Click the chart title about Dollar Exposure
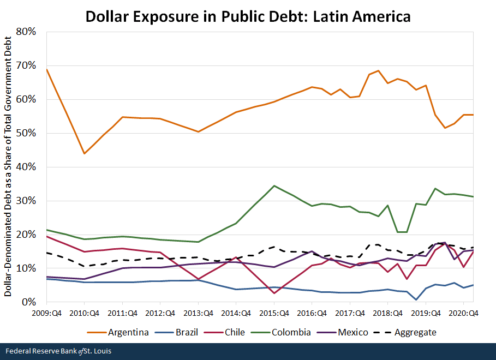[248, 16]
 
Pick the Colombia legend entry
[290, 332]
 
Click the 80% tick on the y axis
[26, 32]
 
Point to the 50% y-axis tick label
[26, 133]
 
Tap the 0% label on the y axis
[28, 302]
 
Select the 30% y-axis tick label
[26, 201]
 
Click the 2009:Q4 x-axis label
[46, 313]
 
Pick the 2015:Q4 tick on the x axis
[274, 313]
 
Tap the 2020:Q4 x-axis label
[463, 313]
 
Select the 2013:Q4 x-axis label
[198, 313]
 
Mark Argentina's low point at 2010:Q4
[84, 153]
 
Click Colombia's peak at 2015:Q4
[274, 186]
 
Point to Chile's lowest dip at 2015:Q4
[274, 293]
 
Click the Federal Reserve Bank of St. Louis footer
[57, 351]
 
